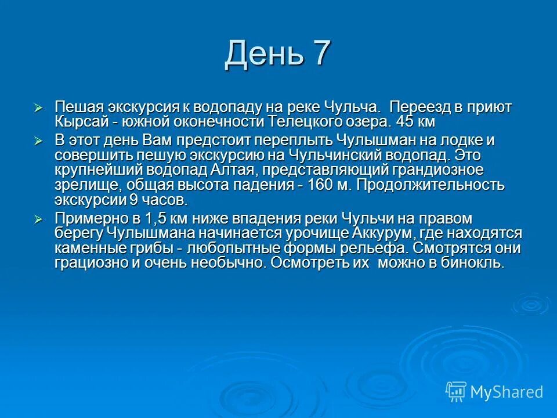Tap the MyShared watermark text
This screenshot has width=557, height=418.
pos(507,392)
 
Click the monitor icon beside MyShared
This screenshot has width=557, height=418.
pos(456,391)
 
